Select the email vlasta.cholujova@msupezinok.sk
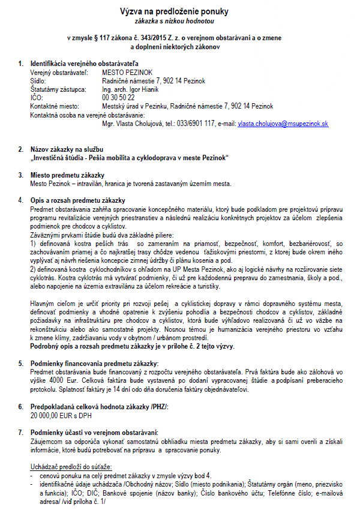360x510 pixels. pyautogui.click(x=283, y=123)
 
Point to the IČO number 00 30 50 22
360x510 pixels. pyautogui.click(x=118, y=97)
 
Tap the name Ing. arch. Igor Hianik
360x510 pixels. pyautogui.click(x=130, y=89)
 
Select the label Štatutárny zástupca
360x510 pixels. pyautogui.click(x=58, y=89)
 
